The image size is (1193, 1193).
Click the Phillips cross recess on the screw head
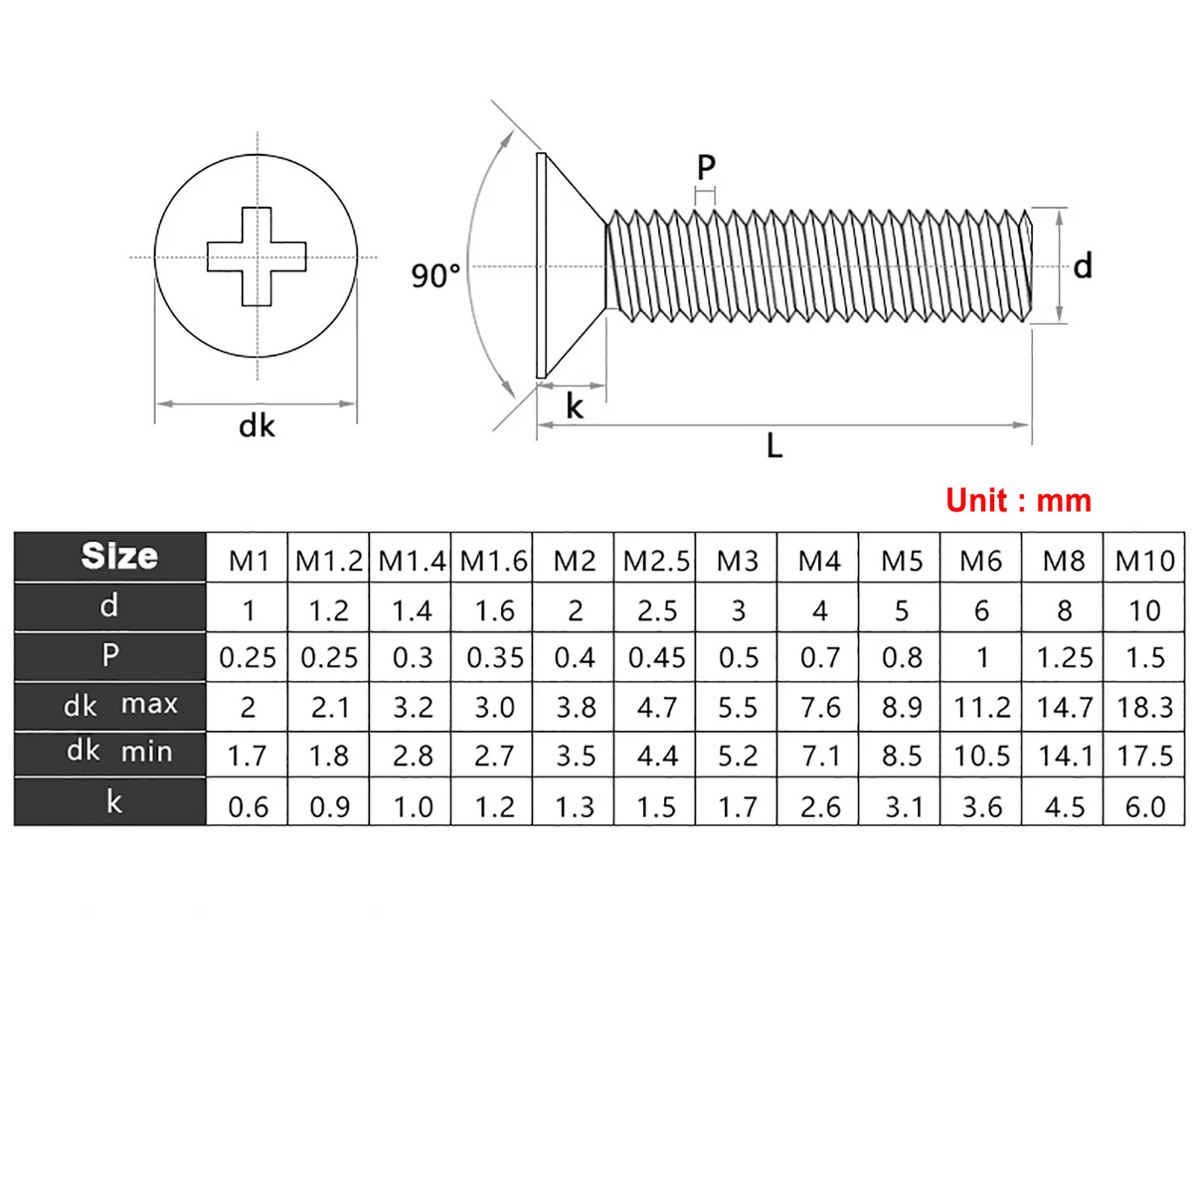coord(256,256)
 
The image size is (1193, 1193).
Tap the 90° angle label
coord(435,275)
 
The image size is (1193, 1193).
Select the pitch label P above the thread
coord(706,167)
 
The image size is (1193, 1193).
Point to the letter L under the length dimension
coord(774,445)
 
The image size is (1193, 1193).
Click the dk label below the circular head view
coord(256,426)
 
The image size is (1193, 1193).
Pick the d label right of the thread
coord(1083,266)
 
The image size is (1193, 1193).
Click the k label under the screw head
coord(575,407)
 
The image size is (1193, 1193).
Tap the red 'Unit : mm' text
coord(1018,500)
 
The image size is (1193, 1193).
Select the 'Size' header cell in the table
coord(119,556)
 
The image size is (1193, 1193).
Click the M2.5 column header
coord(656,561)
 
